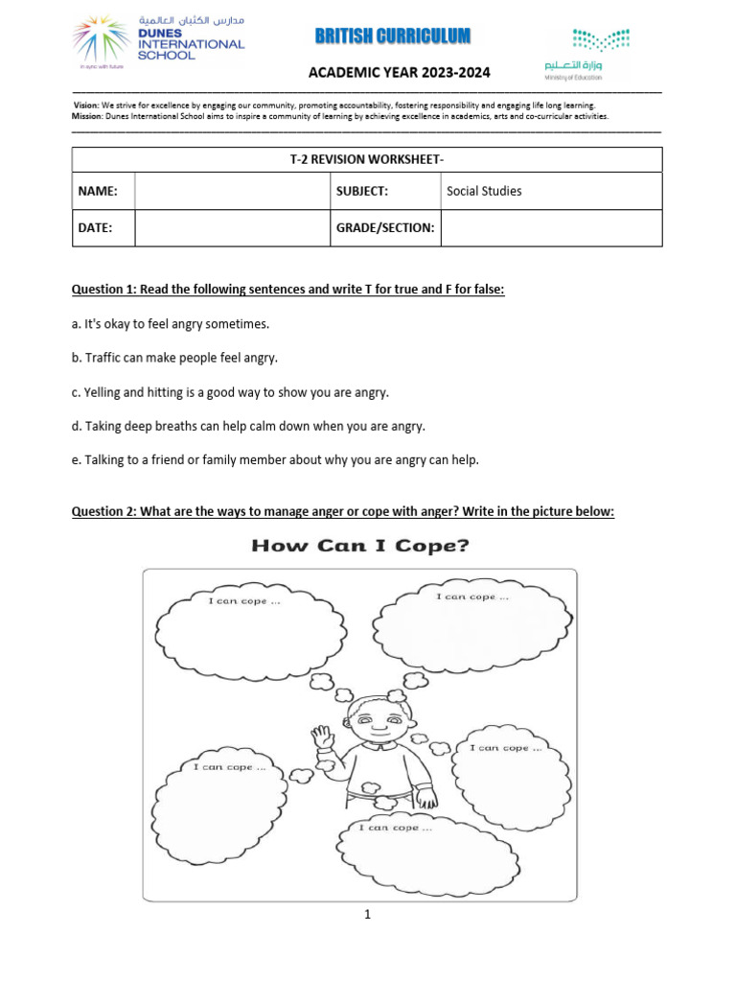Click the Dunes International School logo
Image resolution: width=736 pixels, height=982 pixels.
(x=158, y=43)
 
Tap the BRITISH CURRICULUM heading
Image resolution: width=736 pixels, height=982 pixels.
(x=393, y=36)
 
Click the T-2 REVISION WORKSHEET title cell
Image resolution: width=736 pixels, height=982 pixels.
(x=367, y=160)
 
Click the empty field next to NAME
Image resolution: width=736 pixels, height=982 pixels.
(x=232, y=191)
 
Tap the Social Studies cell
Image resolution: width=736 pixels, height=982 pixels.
(x=550, y=191)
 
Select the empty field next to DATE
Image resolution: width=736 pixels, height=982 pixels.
(x=232, y=228)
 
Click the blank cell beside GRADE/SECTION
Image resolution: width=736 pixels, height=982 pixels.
(x=550, y=228)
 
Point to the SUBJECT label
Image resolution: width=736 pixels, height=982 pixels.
(x=362, y=191)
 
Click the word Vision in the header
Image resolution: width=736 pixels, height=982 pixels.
(x=86, y=105)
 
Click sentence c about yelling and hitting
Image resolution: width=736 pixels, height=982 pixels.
(x=231, y=392)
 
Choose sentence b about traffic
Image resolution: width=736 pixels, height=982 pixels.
(x=174, y=358)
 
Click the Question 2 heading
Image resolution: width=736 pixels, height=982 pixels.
(x=342, y=511)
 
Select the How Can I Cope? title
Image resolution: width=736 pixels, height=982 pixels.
(x=360, y=546)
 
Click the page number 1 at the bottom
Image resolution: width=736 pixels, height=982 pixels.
(x=366, y=915)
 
